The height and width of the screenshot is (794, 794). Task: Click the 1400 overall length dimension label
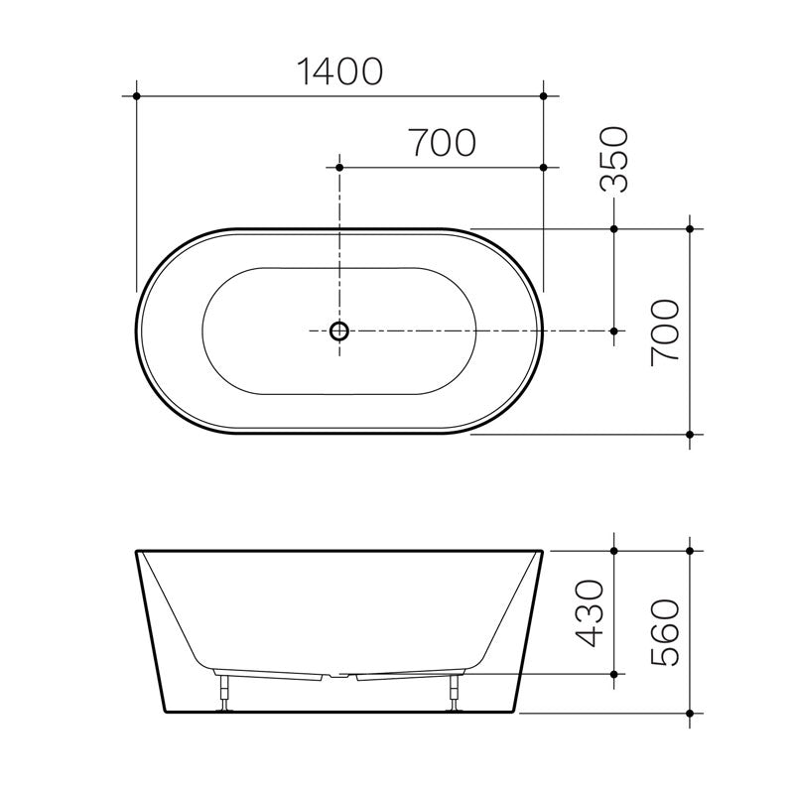coord(340,70)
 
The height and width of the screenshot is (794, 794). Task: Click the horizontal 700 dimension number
coord(442,144)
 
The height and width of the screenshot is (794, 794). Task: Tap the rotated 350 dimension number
coord(616,159)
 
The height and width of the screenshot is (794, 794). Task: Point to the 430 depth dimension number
coord(593,613)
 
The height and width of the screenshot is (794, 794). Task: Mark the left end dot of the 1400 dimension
coord(136,96)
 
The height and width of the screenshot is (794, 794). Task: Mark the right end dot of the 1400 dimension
coord(544,96)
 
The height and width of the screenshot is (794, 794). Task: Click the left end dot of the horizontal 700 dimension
coord(340,169)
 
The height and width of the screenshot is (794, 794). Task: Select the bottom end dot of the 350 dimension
coord(615,331)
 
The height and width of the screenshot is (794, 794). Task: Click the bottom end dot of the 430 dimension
coord(615,674)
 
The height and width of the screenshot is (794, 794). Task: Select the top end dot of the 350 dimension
coord(615,229)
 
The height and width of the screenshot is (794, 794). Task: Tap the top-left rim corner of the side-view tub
coord(136,551)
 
